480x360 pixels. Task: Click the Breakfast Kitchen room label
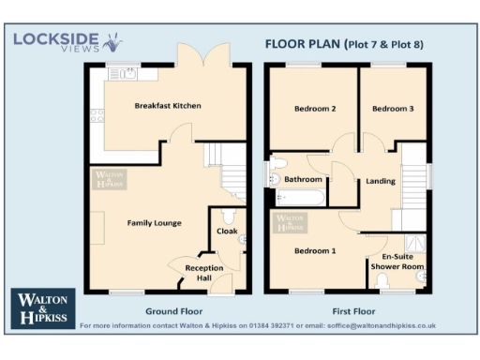click(x=167, y=105)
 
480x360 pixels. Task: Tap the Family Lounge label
click(x=155, y=222)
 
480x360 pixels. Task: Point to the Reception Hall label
click(x=203, y=273)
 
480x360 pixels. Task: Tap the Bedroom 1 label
click(x=315, y=250)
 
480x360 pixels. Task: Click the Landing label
click(x=381, y=181)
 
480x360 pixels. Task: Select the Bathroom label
click(x=304, y=178)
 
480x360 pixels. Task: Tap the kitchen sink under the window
click(x=119, y=75)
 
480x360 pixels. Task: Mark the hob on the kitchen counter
click(x=96, y=116)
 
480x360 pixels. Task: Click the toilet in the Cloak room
click(x=243, y=240)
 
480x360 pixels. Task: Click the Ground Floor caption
click(x=169, y=310)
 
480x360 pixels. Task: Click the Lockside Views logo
click(x=66, y=42)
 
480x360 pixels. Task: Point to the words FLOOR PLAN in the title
click(x=300, y=43)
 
